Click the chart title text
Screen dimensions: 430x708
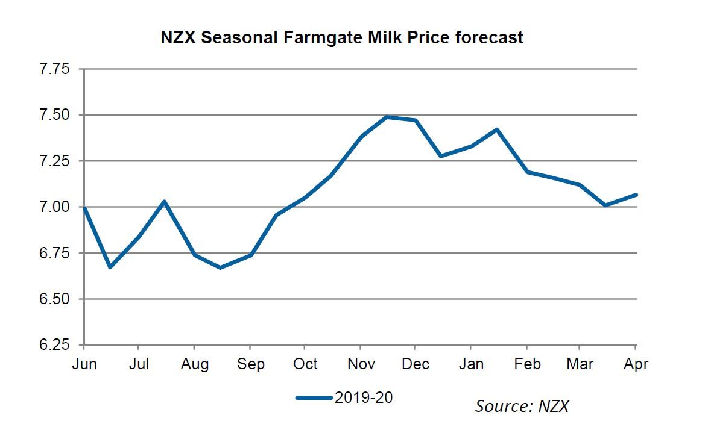pyautogui.click(x=342, y=37)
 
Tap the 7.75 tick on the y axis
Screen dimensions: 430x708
pyautogui.click(x=54, y=69)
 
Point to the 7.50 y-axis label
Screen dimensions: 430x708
pyautogui.click(x=54, y=114)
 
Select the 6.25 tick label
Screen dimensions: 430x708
pyautogui.click(x=54, y=345)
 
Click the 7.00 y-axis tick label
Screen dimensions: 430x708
pyautogui.click(x=54, y=207)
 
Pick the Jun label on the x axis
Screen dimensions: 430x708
pyautogui.click(x=83, y=364)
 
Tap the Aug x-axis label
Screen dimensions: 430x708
pyautogui.click(x=195, y=364)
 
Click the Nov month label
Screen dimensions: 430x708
pyautogui.click(x=360, y=364)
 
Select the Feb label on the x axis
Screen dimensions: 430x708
pyautogui.click(x=527, y=364)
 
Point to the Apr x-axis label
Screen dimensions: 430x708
pyautogui.click(x=636, y=364)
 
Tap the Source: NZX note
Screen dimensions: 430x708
pyautogui.click(x=522, y=406)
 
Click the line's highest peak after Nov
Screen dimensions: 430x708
pyautogui.click(x=387, y=117)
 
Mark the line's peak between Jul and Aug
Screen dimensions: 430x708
pyautogui.click(x=165, y=201)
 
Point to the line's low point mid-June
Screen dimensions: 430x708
pyautogui.click(x=110, y=267)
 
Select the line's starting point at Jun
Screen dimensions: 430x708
pyautogui.click(x=84, y=207)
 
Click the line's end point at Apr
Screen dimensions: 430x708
pyautogui.click(x=636, y=194)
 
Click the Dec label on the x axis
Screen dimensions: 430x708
pyautogui.click(x=416, y=364)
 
